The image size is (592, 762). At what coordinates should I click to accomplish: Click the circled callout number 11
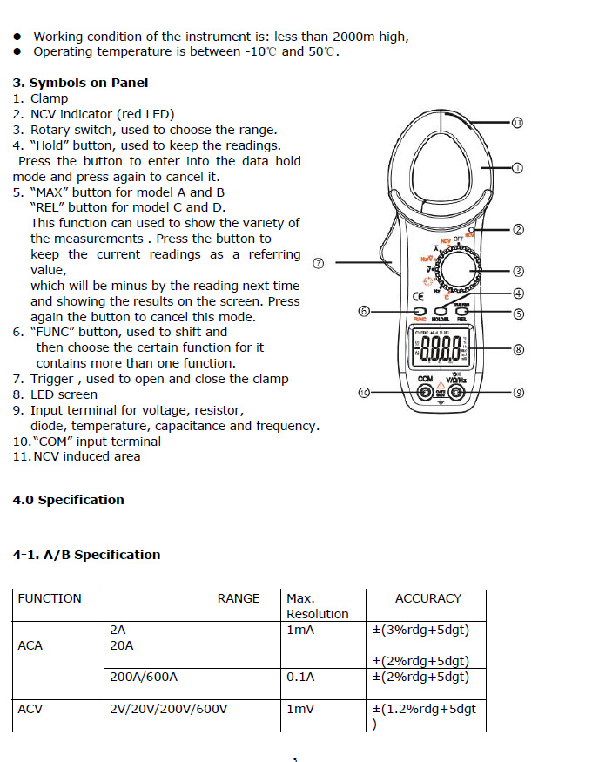tap(517, 123)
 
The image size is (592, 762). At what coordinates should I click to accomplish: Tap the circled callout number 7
tap(319, 262)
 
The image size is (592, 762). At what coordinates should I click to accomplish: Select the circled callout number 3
tap(518, 271)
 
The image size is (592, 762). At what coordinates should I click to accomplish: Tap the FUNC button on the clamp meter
tap(419, 311)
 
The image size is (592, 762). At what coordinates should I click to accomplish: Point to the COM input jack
tap(425, 393)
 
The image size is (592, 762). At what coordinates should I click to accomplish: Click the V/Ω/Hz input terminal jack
tap(456, 393)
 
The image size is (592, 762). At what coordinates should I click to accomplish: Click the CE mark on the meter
tap(418, 296)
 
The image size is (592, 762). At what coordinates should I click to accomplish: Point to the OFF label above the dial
tap(459, 239)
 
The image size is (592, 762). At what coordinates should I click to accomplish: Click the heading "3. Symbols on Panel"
tap(80, 83)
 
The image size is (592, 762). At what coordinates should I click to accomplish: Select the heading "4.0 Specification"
tap(69, 500)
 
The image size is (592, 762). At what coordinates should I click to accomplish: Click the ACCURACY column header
tap(427, 598)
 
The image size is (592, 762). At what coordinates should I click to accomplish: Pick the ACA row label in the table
tap(30, 645)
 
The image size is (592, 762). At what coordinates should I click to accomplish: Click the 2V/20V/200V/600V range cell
tap(169, 709)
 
